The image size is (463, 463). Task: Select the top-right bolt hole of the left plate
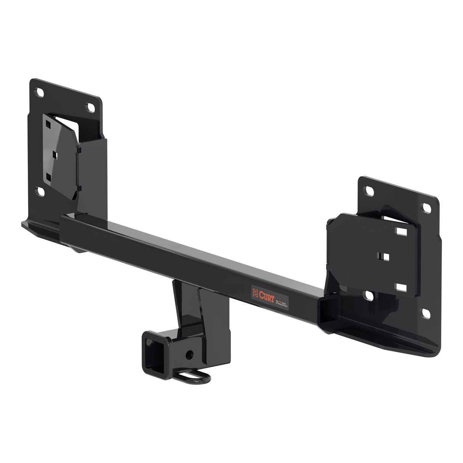(91, 107)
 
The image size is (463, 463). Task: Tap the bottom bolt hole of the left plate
(40, 191)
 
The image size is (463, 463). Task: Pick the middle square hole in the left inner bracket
(54, 154)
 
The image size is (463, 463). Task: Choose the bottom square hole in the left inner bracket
(48, 177)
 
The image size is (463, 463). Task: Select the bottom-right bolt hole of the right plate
(426, 313)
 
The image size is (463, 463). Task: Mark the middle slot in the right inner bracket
(386, 256)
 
